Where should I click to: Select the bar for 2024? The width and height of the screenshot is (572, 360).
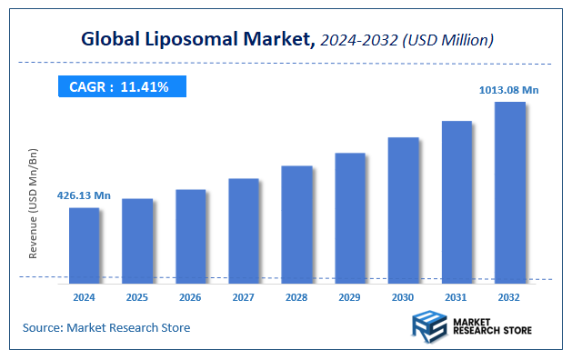(84, 243)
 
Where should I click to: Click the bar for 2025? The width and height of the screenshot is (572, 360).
(137, 238)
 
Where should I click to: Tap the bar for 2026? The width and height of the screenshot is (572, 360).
(190, 234)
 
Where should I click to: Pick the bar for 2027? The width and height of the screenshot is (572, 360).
(243, 228)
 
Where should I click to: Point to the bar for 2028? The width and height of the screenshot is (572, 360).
(296, 222)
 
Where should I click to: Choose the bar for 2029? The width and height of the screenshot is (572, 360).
(349, 215)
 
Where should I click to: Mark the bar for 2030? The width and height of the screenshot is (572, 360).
(403, 207)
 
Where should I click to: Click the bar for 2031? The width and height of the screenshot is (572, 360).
(457, 199)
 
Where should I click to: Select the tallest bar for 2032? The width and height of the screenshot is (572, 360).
(509, 190)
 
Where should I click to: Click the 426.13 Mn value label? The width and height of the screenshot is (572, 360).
(84, 195)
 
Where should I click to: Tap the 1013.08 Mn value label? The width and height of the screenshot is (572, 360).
(509, 89)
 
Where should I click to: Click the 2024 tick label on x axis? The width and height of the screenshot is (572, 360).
(84, 296)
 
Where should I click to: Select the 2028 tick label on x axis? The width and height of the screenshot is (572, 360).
(296, 296)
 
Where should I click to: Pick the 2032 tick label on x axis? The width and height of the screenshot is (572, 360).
(509, 296)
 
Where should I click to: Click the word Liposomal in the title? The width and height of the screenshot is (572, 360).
(185, 39)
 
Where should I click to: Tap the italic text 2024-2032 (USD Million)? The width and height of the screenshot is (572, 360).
(406, 39)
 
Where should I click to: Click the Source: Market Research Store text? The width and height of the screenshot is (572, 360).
(106, 327)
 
